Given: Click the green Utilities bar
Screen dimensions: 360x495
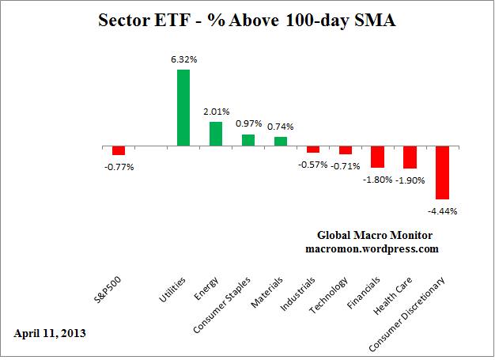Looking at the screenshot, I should (x=183, y=108).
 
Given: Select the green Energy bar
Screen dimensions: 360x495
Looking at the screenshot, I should (x=215, y=134).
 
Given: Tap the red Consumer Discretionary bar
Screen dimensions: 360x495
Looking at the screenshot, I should (x=442, y=172).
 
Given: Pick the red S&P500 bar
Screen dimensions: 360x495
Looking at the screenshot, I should (x=119, y=150).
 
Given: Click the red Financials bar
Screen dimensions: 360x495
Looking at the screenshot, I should (x=377, y=157).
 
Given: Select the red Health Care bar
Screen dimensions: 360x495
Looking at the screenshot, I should (x=410, y=157).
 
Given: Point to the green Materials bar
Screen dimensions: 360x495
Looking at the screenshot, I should (x=280, y=142).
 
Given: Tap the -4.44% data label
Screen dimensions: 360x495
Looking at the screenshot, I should (x=442, y=211).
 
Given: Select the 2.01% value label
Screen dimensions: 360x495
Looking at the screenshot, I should (x=215, y=111).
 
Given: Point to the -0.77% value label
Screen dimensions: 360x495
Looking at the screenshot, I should (x=119, y=167).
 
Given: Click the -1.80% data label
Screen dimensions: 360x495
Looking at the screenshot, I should (x=377, y=180).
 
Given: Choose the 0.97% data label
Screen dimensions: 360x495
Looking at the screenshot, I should (x=248, y=123).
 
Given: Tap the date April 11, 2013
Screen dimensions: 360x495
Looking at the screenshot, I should (x=50, y=333).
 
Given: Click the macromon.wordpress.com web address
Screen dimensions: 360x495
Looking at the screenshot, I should (x=372, y=248).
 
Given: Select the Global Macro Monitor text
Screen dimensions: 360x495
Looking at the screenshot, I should (x=375, y=235).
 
